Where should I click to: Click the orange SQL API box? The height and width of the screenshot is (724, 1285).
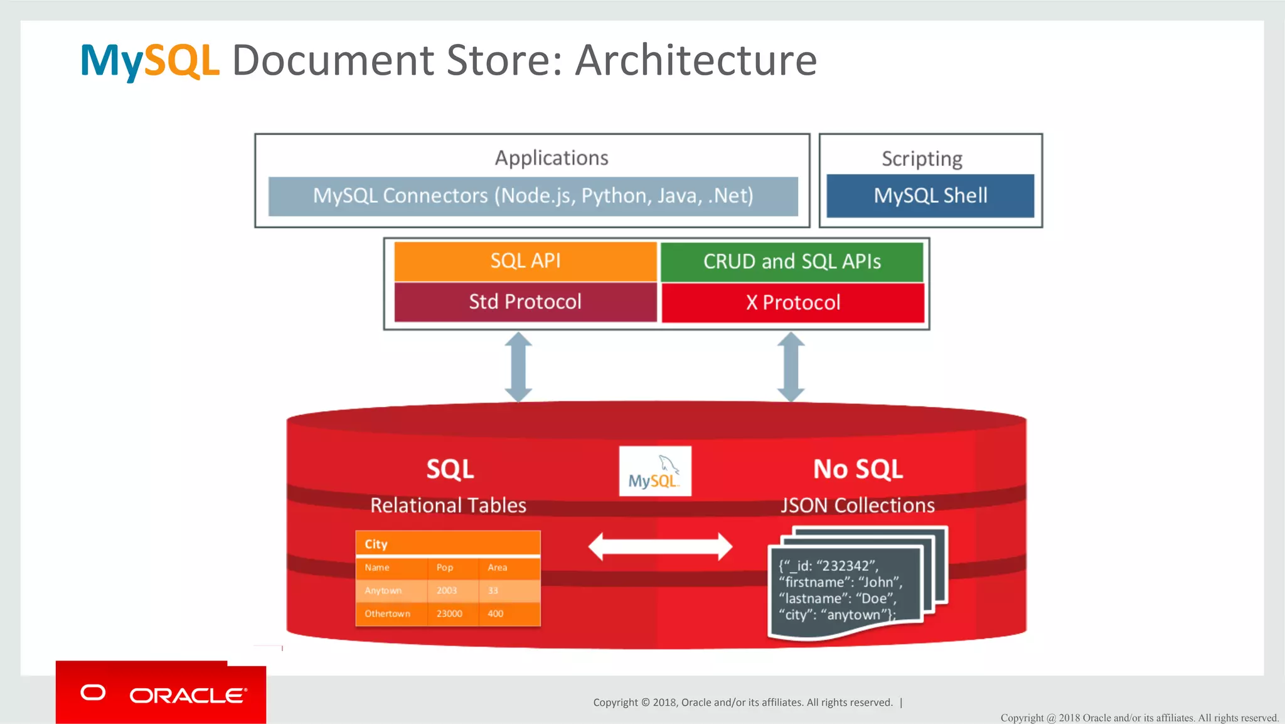click(x=525, y=261)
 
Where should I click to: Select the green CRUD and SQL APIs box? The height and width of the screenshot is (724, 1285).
click(x=792, y=261)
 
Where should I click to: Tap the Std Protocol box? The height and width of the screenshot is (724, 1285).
click(x=525, y=302)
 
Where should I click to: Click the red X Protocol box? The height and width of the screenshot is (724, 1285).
click(x=792, y=303)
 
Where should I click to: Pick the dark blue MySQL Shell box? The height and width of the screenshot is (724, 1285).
click(x=930, y=196)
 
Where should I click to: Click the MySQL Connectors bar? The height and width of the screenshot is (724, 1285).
click(x=533, y=196)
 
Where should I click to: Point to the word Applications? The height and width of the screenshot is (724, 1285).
click(x=552, y=158)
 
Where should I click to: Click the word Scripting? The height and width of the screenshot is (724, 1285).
click(x=922, y=159)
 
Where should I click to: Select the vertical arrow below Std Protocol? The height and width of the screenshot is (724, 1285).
click(x=519, y=367)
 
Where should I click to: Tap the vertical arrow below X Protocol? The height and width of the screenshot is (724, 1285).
click(x=791, y=367)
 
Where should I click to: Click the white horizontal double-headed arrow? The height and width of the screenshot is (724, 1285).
click(x=660, y=546)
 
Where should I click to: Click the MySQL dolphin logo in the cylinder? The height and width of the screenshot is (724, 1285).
click(x=655, y=471)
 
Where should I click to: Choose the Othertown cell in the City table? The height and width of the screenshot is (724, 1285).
click(x=387, y=613)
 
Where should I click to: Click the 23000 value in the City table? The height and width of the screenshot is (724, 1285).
click(x=449, y=613)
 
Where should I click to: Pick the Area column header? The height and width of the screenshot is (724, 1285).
click(x=497, y=568)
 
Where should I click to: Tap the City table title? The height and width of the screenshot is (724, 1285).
click(x=376, y=544)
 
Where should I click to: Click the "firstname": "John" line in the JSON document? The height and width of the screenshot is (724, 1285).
click(x=840, y=582)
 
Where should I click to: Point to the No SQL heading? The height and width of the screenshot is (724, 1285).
click(x=858, y=469)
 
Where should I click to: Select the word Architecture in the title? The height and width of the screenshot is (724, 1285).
click(x=696, y=60)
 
